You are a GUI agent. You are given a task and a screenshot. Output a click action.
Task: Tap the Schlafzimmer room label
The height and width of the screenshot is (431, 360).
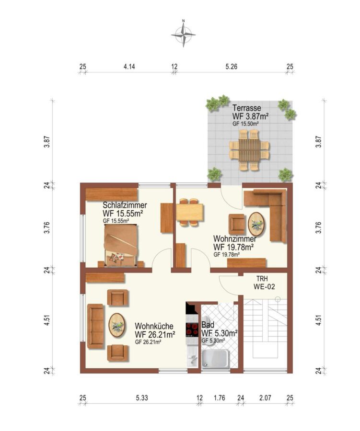(125, 205)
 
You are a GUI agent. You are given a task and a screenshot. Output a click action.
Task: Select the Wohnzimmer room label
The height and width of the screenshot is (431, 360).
(234, 238)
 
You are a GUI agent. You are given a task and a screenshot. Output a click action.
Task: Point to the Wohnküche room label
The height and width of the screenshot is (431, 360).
(154, 326)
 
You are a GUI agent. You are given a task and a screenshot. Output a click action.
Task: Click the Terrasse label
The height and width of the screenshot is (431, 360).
(246, 108)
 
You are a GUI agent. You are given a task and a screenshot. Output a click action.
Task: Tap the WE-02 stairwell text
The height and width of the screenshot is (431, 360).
(264, 287)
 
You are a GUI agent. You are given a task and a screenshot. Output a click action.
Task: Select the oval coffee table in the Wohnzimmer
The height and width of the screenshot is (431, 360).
(256, 224)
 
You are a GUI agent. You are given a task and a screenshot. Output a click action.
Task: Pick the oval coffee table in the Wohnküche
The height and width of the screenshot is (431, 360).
(117, 325)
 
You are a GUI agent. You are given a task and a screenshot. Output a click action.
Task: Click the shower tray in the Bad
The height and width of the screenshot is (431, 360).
(215, 359)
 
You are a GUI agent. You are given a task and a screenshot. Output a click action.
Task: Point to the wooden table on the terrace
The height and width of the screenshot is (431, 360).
(249, 150)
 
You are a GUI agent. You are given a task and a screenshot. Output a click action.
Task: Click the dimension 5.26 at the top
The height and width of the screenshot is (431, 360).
(231, 67)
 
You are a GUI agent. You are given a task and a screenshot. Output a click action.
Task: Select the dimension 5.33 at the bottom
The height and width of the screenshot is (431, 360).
(142, 398)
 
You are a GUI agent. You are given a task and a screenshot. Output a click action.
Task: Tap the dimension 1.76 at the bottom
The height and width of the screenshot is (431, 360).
(220, 398)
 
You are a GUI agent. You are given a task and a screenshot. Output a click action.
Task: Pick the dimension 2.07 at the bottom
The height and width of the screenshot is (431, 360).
(265, 398)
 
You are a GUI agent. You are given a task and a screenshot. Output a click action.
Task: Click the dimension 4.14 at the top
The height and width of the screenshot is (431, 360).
(129, 67)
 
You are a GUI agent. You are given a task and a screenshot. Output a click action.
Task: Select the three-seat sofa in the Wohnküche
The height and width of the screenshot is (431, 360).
(95, 326)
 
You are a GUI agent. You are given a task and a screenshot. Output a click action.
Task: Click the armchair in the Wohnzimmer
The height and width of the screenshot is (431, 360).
(237, 224)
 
